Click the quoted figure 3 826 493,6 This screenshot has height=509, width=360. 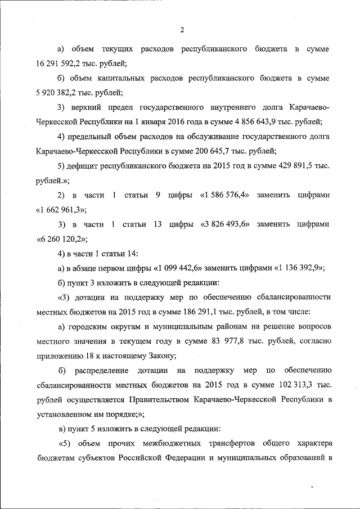225,224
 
